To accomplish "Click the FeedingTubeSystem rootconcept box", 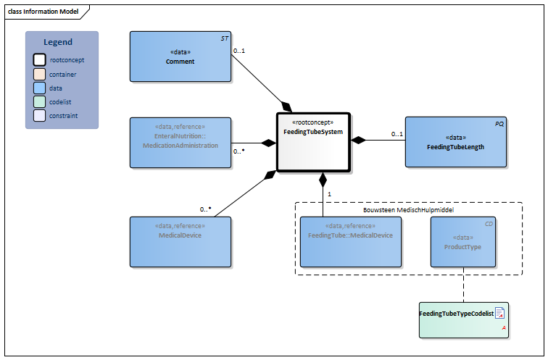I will (313, 142).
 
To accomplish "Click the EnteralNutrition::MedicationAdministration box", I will (180, 142).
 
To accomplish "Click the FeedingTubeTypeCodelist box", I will (463, 319).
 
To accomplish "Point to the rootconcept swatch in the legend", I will (39, 60).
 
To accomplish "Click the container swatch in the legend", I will (39, 74).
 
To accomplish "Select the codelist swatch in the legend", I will (39, 101).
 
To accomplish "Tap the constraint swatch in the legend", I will (39, 115).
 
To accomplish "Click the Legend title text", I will (58, 42).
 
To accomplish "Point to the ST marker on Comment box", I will (223, 38).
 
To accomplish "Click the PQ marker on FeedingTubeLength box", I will (499, 124).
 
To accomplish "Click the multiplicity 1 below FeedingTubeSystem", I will (329, 194).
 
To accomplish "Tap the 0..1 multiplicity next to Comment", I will (239, 51).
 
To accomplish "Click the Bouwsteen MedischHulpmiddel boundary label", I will (408, 209).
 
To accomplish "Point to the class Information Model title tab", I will (43, 12).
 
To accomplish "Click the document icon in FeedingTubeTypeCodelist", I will (499, 313).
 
